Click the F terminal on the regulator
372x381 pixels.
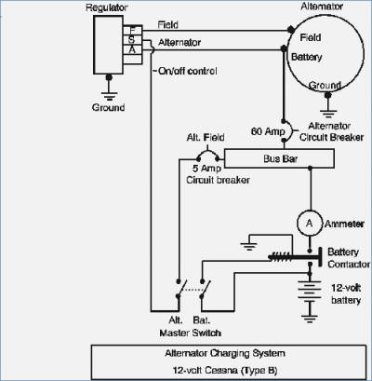132,30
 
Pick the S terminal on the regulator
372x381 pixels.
132,40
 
